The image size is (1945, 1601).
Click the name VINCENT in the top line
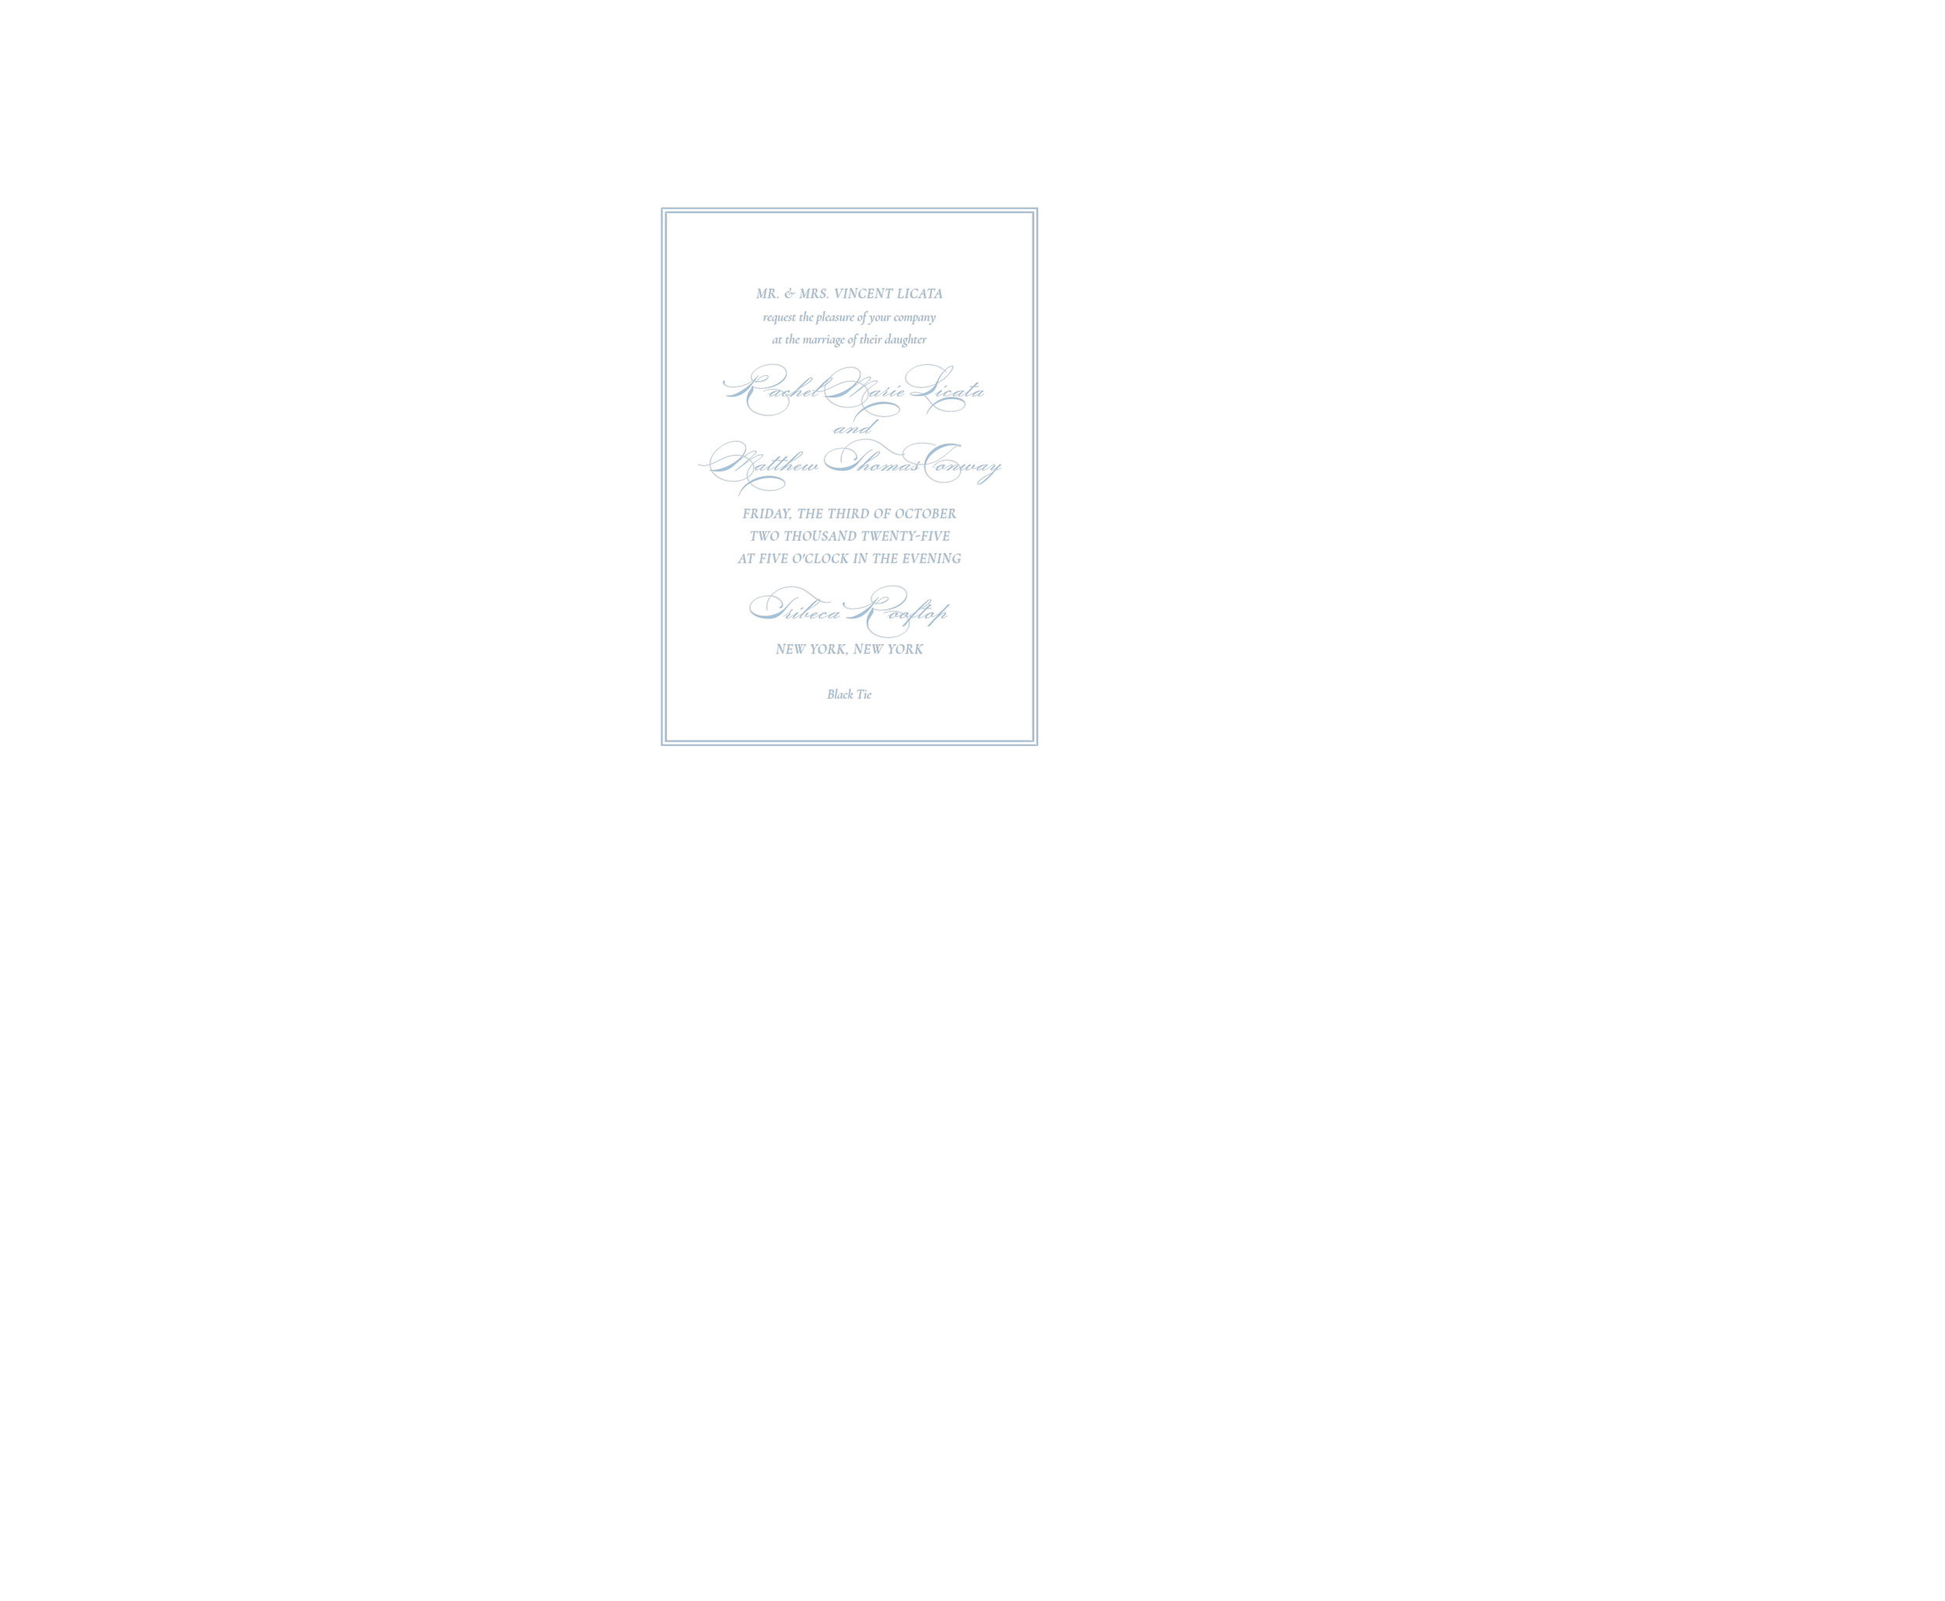coord(862,294)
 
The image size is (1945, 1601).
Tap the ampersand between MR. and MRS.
coord(789,294)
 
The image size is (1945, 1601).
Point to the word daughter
coord(906,339)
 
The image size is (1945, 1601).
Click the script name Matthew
coord(760,464)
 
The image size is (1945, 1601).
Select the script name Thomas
coord(871,461)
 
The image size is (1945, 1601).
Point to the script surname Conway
coord(961,464)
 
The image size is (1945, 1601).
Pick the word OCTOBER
coord(925,513)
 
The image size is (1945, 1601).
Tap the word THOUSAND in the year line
coord(820,536)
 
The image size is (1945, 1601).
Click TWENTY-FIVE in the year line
coord(905,536)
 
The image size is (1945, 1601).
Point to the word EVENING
coord(931,559)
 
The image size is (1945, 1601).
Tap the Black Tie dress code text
coord(850,695)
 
